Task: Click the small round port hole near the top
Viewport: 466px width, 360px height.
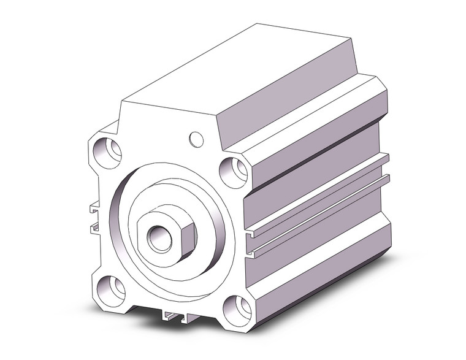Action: (x=196, y=139)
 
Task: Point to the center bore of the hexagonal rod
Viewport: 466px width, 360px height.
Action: (x=164, y=237)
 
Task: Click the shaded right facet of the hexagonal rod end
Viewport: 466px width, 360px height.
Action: (x=187, y=236)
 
